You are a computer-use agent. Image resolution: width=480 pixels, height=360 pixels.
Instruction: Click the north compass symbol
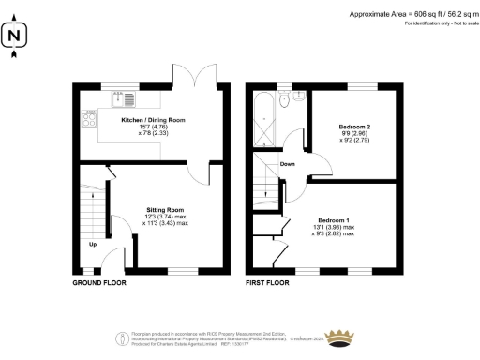[x=13, y=38]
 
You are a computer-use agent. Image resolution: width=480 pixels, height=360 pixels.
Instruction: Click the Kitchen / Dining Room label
[x=154, y=120]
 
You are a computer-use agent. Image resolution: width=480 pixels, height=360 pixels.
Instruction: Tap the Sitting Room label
[x=164, y=210]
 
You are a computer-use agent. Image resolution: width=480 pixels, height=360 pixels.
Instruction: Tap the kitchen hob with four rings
[x=91, y=117]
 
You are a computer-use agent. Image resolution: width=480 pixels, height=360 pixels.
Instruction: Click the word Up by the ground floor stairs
[x=93, y=246]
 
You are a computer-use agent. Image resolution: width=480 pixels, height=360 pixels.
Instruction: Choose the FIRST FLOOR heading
[x=271, y=280]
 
